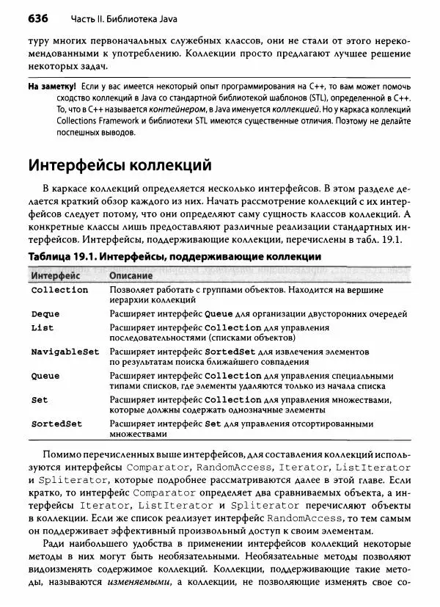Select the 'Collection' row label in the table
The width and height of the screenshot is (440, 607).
tap(59, 291)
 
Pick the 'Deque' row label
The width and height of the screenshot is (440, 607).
tap(45, 314)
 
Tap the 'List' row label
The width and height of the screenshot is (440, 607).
tap(43, 327)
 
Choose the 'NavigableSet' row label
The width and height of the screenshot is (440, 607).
tap(65, 352)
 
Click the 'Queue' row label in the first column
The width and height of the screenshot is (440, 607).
tap(45, 376)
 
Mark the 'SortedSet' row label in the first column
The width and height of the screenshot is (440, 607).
tap(56, 424)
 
